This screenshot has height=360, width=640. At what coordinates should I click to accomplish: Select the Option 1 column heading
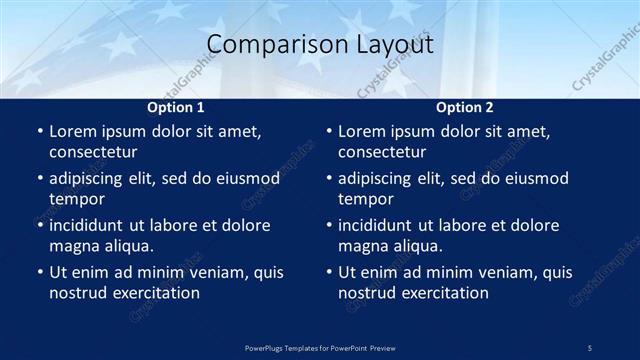click(x=176, y=107)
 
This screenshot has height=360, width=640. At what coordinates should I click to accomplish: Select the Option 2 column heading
click(x=465, y=107)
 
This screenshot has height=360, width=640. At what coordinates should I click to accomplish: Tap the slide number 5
click(x=590, y=347)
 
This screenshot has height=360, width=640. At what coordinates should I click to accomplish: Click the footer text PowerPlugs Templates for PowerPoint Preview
click(x=320, y=347)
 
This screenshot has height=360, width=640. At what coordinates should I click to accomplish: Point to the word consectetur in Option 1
click(x=93, y=152)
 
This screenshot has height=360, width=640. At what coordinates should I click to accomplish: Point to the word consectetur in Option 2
click(x=382, y=152)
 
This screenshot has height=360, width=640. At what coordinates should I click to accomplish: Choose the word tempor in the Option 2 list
click(x=363, y=198)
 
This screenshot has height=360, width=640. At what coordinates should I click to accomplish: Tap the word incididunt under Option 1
click(x=92, y=225)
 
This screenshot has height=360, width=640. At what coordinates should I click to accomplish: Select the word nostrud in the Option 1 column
click(x=77, y=292)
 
